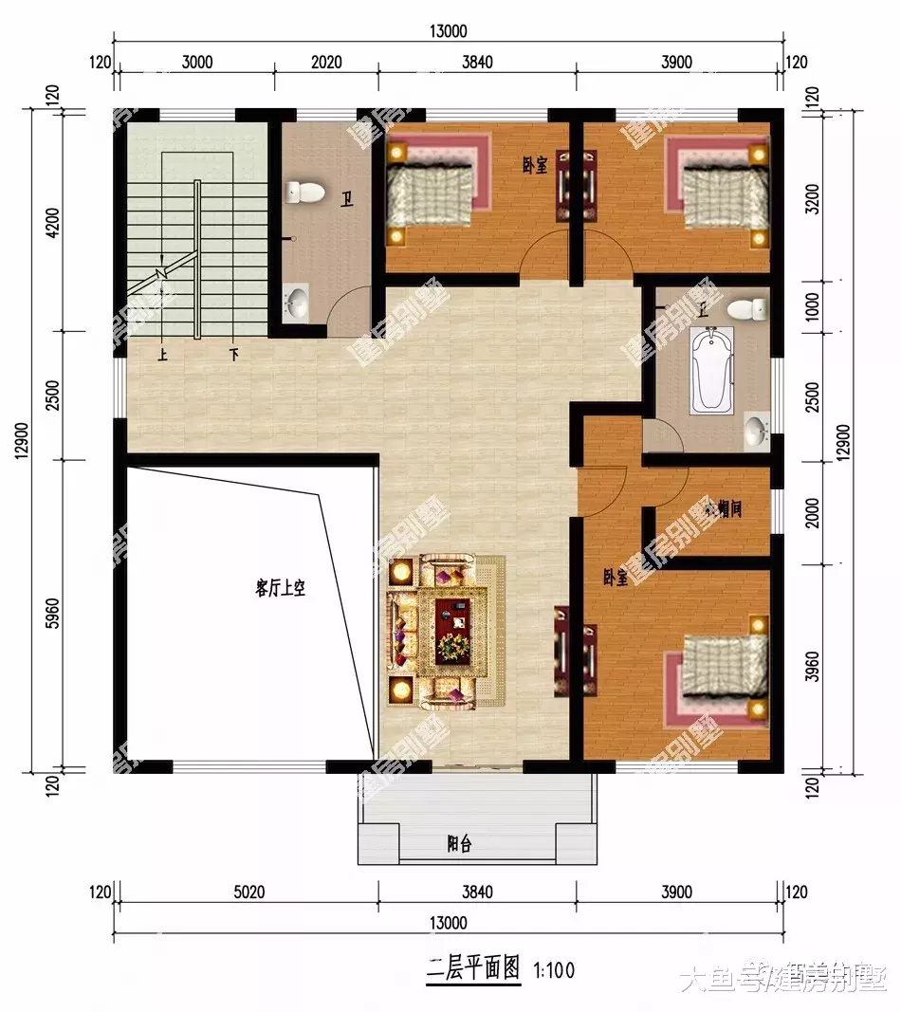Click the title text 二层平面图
click(472, 968)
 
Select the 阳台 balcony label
click(459, 844)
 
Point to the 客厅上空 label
click(280, 588)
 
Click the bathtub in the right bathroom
click(711, 370)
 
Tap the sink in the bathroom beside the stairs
click(297, 304)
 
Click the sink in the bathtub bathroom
click(756, 432)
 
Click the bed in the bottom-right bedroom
click(725, 669)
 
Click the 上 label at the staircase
click(164, 354)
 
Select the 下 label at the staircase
click(232, 354)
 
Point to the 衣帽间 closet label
click(723, 509)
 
